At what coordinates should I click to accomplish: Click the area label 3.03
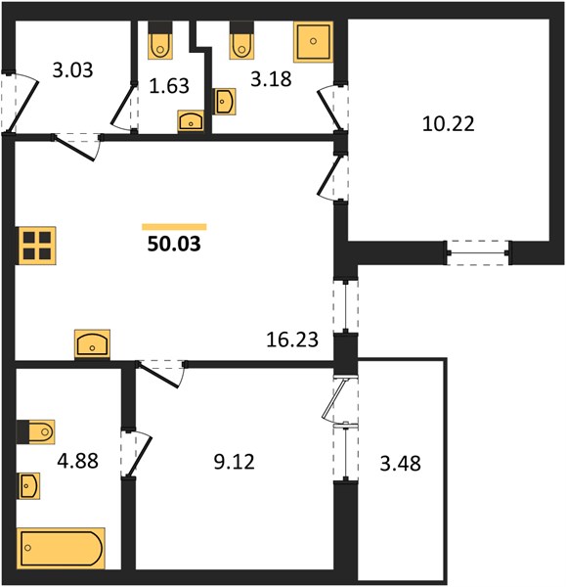(72, 70)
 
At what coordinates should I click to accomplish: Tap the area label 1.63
(169, 86)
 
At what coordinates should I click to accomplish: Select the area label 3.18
(271, 79)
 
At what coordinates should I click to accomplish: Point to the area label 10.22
(448, 123)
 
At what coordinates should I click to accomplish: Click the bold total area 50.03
(174, 244)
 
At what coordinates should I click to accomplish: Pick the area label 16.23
(292, 339)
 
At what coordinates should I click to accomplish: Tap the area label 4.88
(78, 461)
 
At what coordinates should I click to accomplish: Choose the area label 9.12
(235, 462)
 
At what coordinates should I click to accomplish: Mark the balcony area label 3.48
(400, 463)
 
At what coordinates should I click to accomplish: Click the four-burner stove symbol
(37, 246)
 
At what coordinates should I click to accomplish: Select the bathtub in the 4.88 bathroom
(61, 548)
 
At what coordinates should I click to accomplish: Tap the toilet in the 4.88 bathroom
(36, 431)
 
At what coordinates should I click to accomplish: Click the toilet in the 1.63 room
(160, 40)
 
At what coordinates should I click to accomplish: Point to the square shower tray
(313, 41)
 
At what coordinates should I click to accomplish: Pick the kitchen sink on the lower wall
(93, 343)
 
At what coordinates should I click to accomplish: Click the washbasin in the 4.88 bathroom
(28, 485)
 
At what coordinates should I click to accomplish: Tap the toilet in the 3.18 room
(241, 40)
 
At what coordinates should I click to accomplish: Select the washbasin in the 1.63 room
(191, 121)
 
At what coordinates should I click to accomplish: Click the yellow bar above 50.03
(174, 227)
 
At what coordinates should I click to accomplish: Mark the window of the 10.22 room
(478, 253)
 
